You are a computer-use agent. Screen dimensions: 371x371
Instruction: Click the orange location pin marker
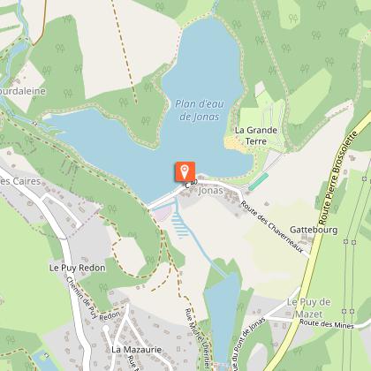click(184, 172)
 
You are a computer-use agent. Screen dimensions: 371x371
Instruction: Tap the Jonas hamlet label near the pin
click(211, 189)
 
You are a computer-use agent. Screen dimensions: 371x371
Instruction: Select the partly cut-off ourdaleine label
click(23, 90)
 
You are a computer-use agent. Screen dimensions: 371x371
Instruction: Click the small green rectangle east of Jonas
click(257, 180)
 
